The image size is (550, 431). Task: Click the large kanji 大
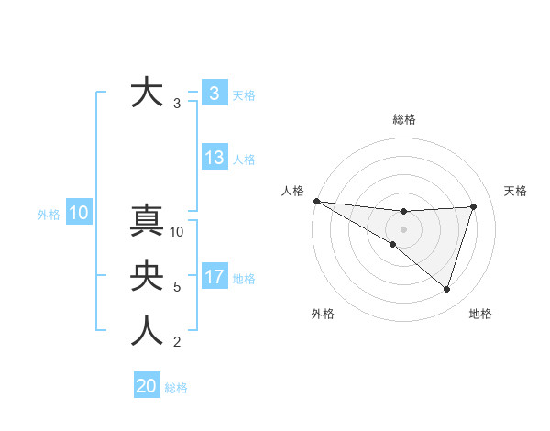click(148, 94)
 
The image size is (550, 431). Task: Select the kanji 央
click(148, 276)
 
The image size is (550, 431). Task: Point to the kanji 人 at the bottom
click(148, 331)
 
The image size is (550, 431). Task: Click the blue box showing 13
click(214, 158)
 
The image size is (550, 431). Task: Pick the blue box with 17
click(214, 277)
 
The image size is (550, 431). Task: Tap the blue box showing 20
click(147, 386)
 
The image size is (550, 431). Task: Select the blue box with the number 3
click(214, 93)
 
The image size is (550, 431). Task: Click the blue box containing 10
click(78, 214)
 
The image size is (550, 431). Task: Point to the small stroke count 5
click(177, 287)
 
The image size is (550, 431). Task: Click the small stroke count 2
click(177, 342)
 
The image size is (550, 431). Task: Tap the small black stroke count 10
click(178, 232)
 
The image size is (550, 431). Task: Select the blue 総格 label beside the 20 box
click(176, 388)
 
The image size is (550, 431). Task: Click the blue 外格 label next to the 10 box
click(49, 215)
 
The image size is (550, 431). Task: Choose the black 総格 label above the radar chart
click(404, 119)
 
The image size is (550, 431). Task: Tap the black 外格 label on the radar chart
click(323, 314)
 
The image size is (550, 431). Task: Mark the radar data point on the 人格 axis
click(316, 201)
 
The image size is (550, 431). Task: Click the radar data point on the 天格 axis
click(474, 206)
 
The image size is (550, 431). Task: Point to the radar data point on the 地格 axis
click(447, 289)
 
